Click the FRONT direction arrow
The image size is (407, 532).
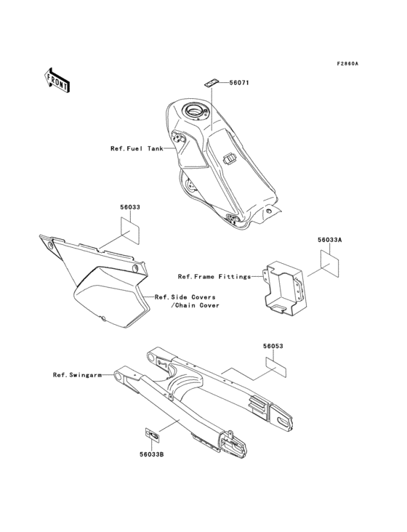57,79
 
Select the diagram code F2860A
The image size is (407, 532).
347,63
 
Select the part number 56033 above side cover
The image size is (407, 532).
130,207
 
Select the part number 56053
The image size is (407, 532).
273,347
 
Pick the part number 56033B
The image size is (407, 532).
152,454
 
